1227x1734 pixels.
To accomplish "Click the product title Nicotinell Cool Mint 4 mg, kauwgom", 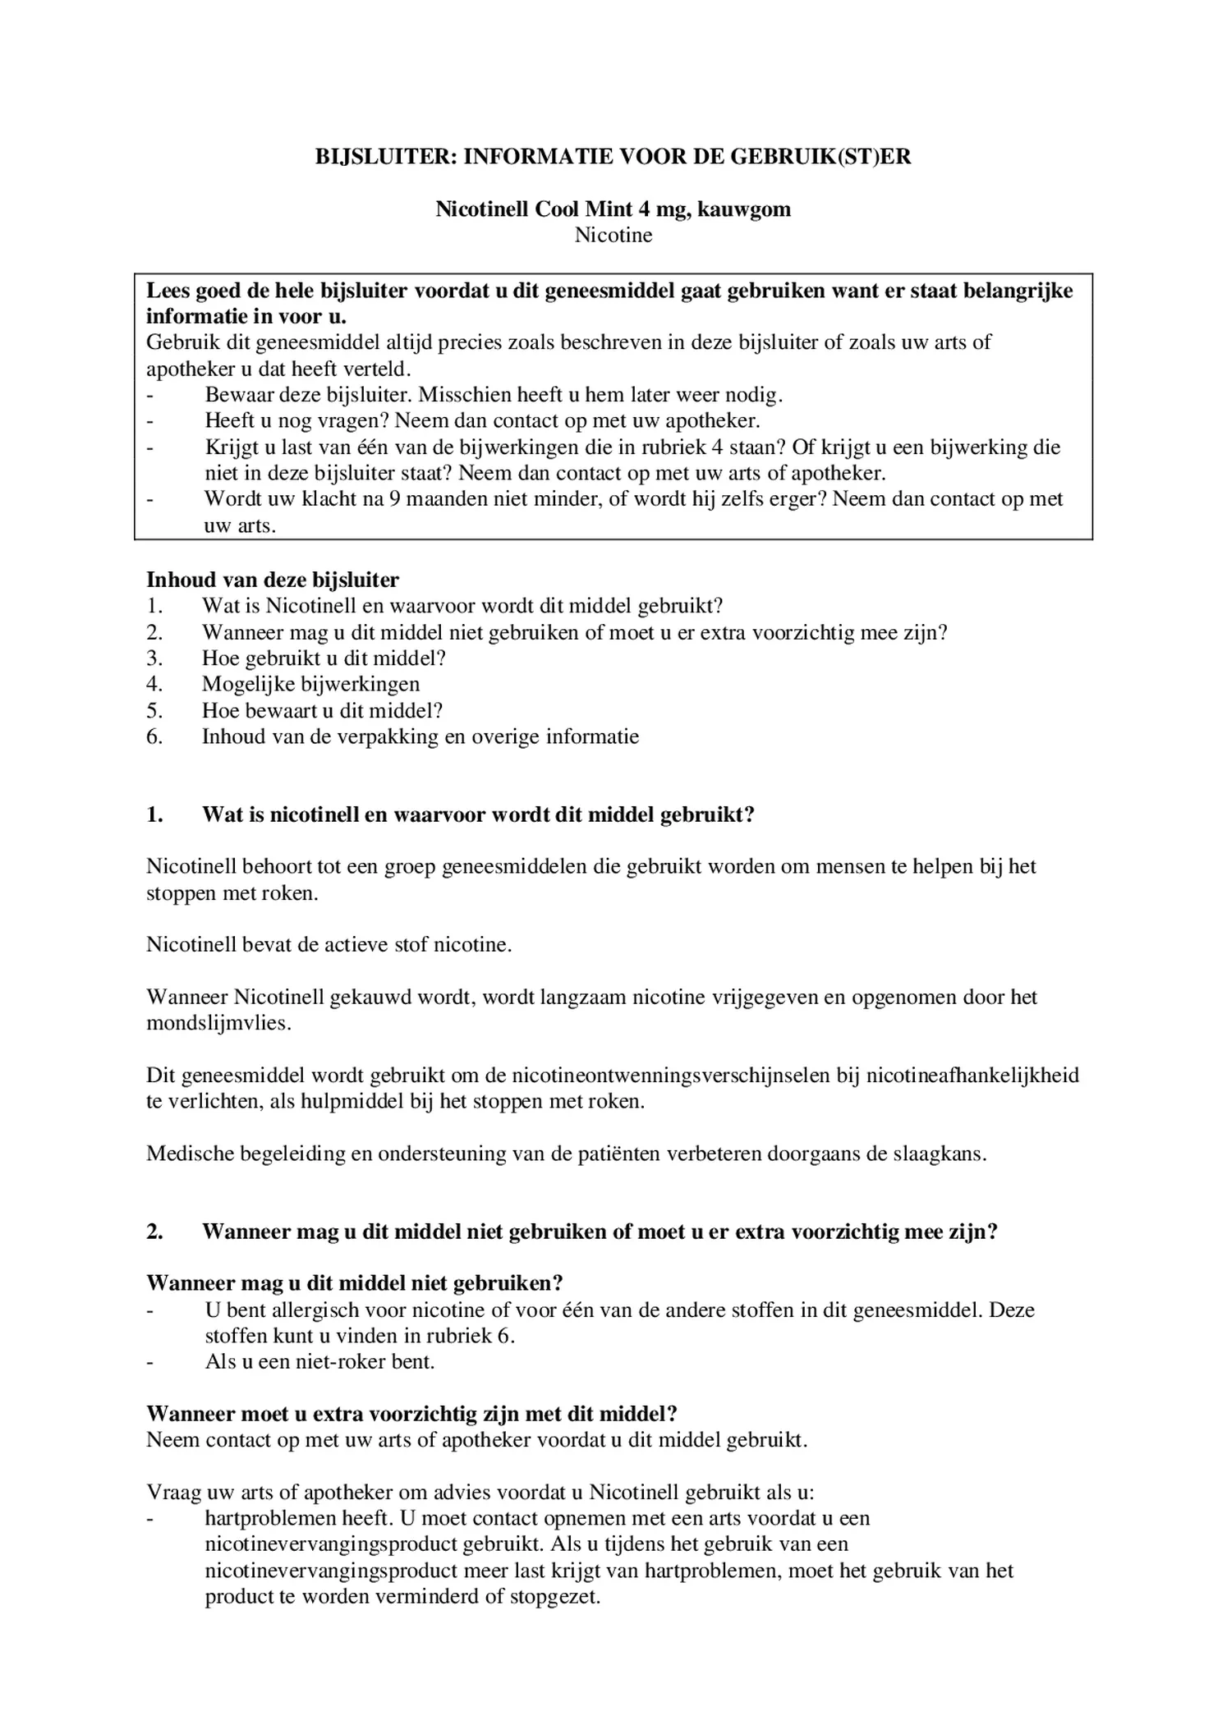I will click(613, 209).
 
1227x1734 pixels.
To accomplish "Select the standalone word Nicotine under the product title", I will click(613, 235).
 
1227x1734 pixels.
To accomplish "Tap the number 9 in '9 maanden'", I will click(394, 499).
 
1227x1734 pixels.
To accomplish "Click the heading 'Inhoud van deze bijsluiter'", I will click(272, 580).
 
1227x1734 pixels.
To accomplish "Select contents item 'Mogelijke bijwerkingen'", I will click(310, 684).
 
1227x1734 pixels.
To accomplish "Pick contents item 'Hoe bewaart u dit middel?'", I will click(322, 710).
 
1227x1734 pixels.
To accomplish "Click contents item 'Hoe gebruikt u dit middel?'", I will click(324, 658).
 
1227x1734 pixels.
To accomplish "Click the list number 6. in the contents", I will click(154, 736).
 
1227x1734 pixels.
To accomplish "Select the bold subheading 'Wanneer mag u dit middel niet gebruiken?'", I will click(354, 1283).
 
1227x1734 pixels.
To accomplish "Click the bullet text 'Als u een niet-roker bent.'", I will click(319, 1361).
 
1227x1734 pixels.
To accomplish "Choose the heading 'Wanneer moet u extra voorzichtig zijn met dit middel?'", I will click(411, 1414).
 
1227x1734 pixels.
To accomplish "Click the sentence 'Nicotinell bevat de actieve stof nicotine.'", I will click(329, 944).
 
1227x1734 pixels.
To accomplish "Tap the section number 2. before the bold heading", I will click(154, 1232).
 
